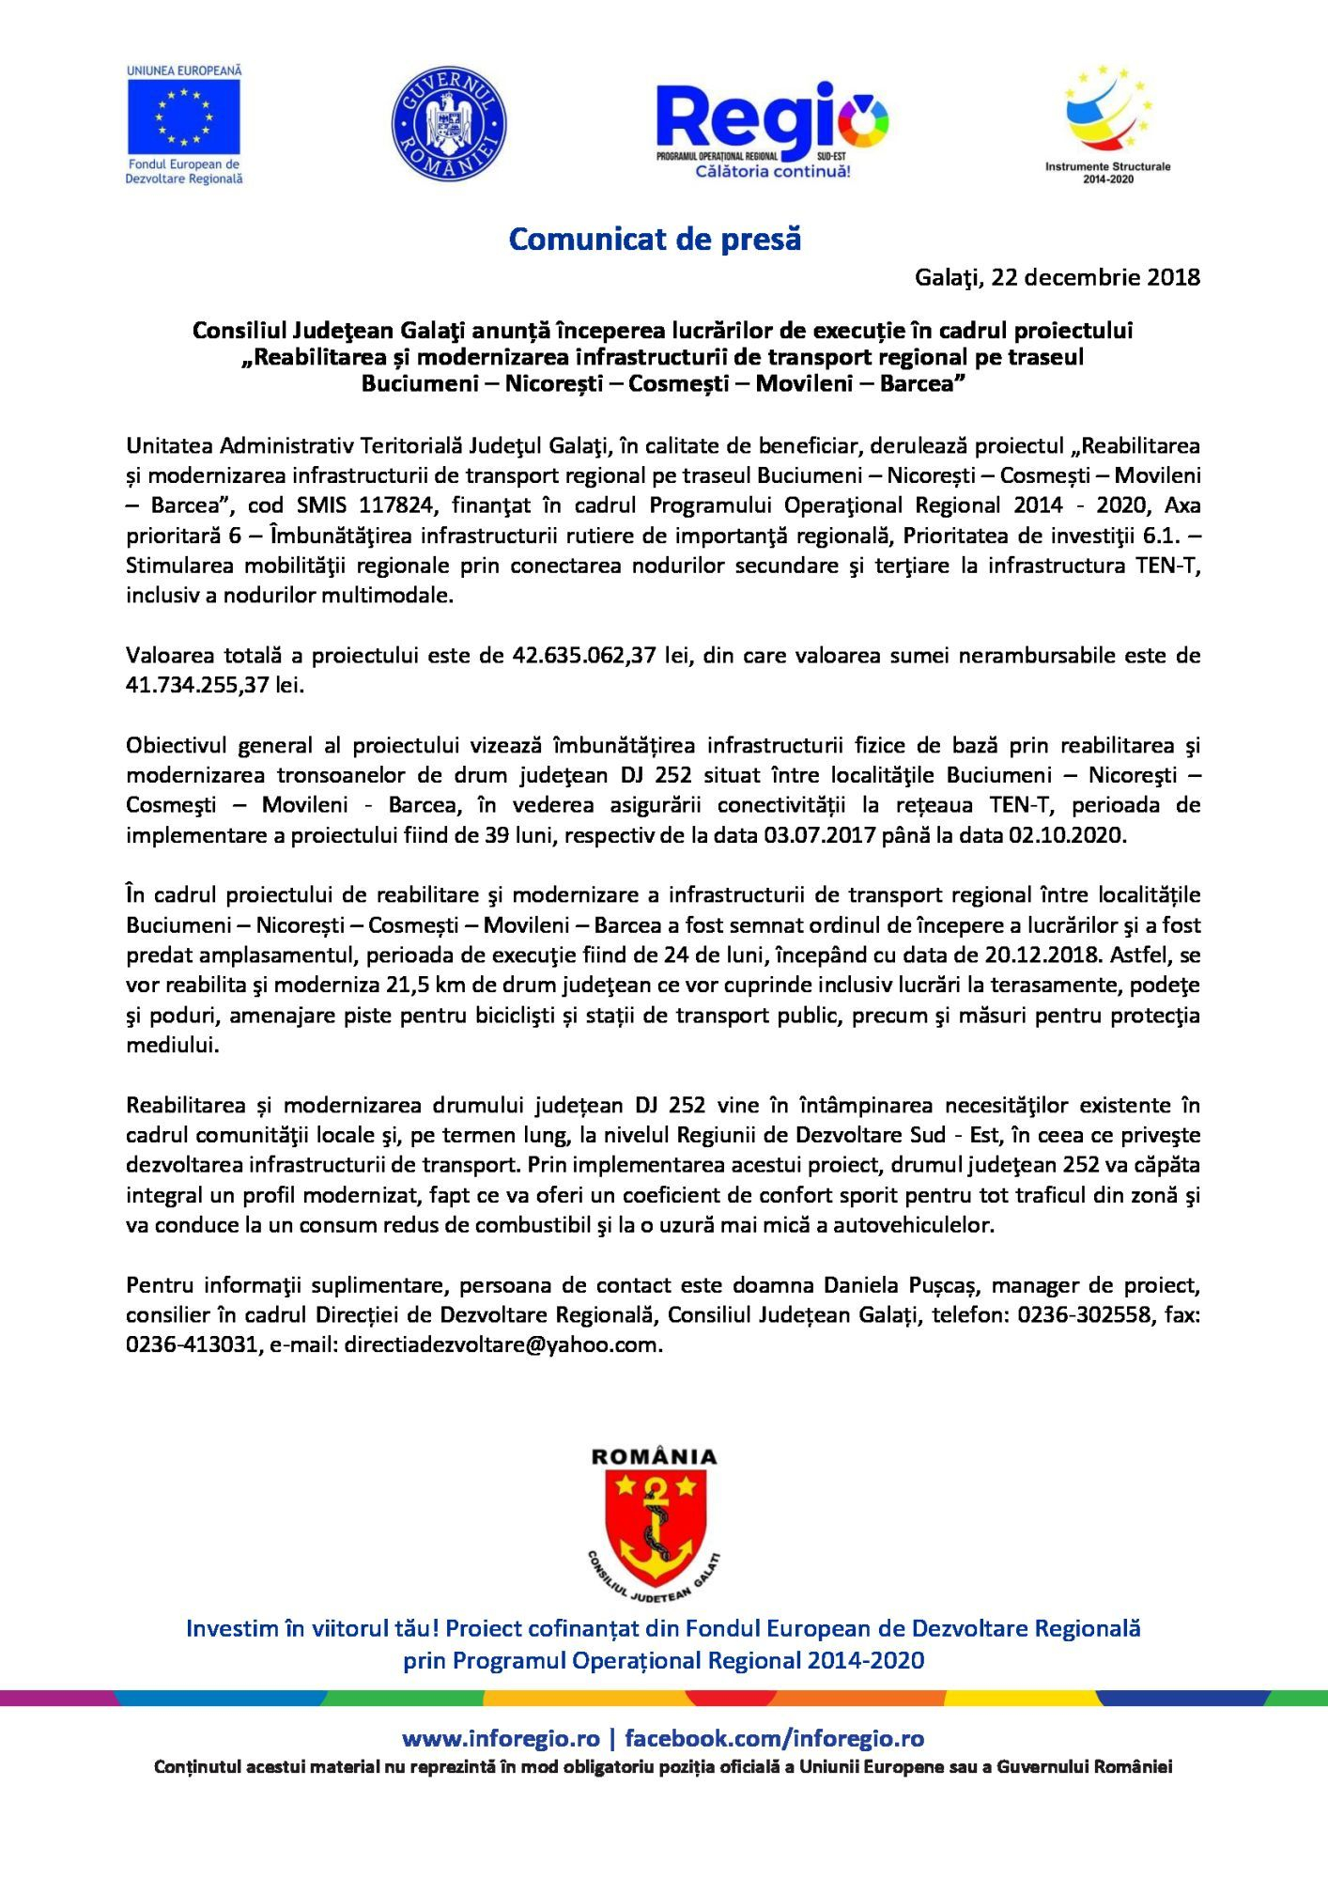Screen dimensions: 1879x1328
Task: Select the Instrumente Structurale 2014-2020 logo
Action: [x=1108, y=122]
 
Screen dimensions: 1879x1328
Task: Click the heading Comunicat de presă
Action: [x=655, y=240]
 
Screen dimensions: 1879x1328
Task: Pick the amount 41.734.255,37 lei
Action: [x=215, y=685]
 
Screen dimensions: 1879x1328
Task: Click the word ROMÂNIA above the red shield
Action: [x=654, y=1457]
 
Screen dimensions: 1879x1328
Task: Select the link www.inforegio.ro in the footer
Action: [x=501, y=1739]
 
